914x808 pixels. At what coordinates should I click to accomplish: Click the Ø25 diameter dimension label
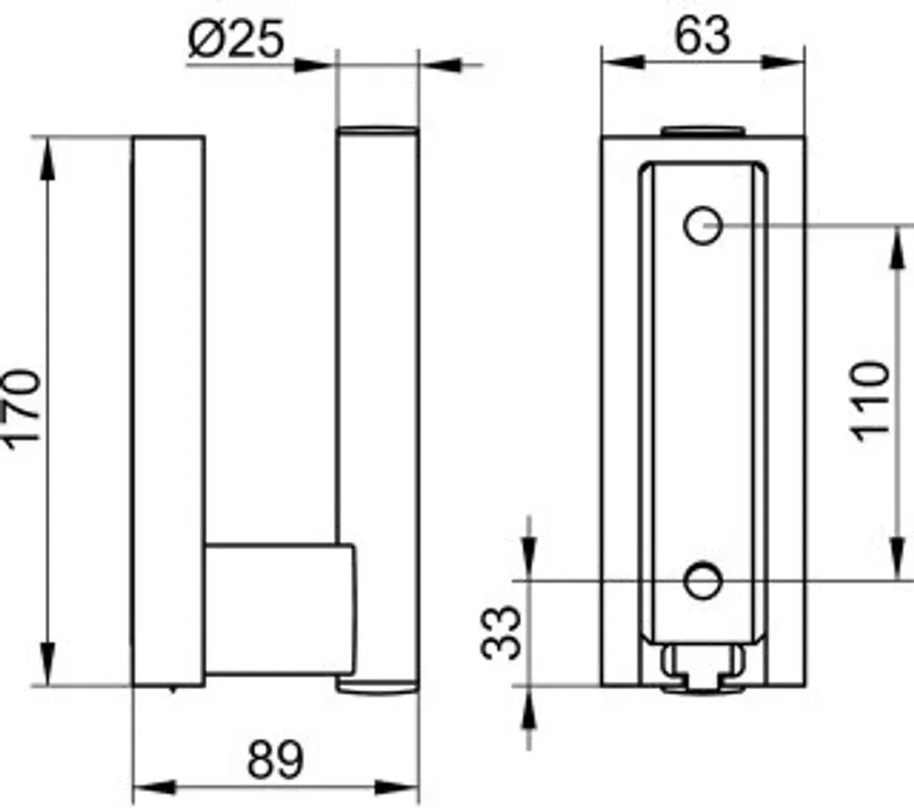click(237, 38)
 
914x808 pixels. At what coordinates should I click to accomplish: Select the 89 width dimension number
click(276, 760)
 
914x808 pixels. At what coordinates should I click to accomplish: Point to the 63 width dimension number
click(702, 36)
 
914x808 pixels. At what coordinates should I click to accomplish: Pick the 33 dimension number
click(501, 632)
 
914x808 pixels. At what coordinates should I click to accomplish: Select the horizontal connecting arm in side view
click(279, 610)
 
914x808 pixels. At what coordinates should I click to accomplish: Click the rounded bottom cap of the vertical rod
click(378, 685)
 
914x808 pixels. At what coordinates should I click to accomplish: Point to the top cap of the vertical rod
click(378, 130)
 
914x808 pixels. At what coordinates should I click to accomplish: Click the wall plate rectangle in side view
click(169, 411)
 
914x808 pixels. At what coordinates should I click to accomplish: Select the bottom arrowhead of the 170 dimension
click(47, 664)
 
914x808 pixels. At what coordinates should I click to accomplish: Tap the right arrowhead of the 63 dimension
click(783, 62)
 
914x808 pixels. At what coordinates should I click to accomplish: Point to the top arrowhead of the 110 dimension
click(897, 247)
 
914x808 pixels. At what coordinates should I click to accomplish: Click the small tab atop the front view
click(703, 131)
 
